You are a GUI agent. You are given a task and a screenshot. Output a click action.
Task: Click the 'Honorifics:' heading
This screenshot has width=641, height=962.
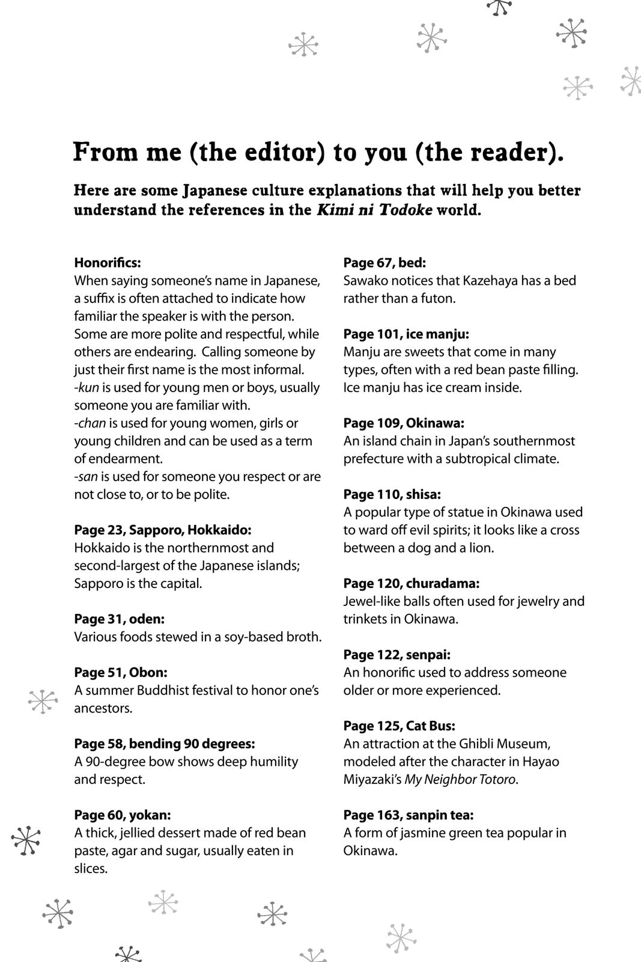click(x=108, y=263)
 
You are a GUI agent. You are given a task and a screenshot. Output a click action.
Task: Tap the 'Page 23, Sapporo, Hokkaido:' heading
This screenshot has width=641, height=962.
click(x=163, y=530)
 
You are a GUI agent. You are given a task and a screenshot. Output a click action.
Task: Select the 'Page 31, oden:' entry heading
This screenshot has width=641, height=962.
click(x=119, y=619)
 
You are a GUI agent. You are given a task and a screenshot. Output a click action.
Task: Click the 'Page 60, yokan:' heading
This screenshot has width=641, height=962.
click(x=123, y=815)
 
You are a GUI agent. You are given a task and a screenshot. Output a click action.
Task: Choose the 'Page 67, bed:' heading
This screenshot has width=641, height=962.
click(x=384, y=263)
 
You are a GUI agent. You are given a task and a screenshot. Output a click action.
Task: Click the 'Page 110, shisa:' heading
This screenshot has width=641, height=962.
click(x=392, y=495)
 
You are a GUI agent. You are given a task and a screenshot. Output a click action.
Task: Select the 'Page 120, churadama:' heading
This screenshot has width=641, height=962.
click(x=412, y=584)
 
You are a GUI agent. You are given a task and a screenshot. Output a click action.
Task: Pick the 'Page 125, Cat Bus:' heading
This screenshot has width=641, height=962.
click(x=399, y=726)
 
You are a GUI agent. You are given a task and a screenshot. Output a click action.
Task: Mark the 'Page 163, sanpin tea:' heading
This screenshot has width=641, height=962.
click(x=409, y=815)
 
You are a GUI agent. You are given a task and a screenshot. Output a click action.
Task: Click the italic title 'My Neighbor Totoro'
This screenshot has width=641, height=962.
click(x=460, y=780)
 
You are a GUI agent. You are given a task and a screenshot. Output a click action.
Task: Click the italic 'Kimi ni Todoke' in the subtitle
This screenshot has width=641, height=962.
click(x=374, y=211)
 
